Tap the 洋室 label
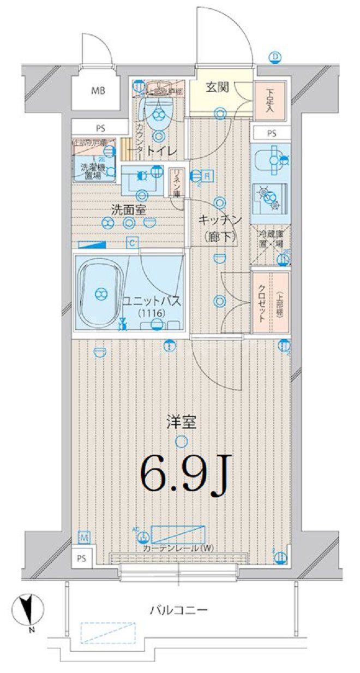181,421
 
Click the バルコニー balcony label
179,610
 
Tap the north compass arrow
25,610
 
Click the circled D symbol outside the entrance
276,56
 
